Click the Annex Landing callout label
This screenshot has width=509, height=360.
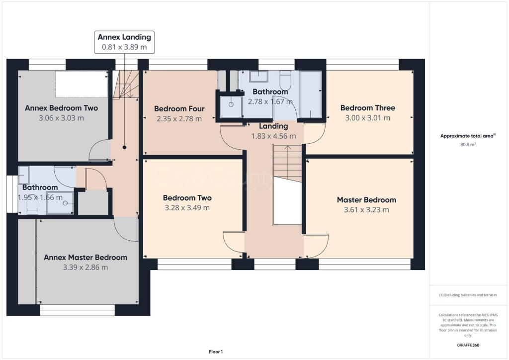[124, 37]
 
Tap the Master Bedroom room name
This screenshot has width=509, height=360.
[366, 200]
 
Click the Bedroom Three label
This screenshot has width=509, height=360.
[367, 108]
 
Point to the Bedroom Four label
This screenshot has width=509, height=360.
[179, 109]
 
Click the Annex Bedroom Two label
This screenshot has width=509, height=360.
[61, 108]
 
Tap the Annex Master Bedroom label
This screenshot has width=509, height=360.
[85, 258]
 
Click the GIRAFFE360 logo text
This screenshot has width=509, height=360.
[468, 345]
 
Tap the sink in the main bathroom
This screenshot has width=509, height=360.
[258, 76]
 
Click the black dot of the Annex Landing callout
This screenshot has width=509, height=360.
[124, 147]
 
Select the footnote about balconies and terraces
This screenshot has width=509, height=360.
[468, 295]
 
